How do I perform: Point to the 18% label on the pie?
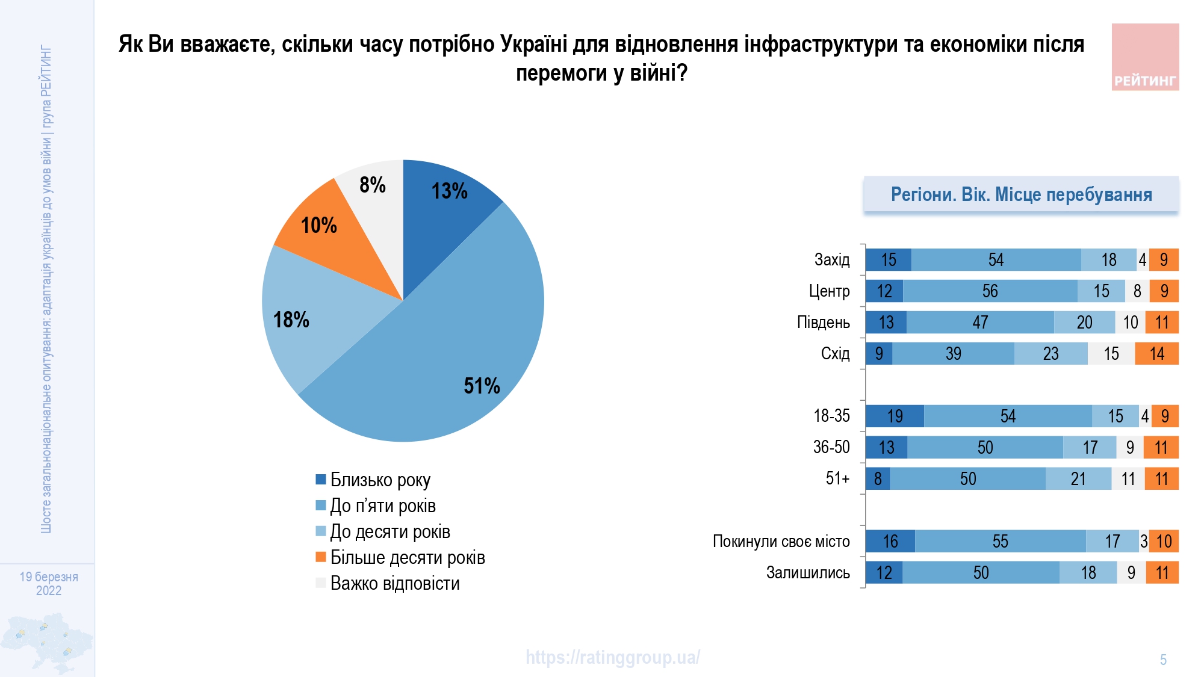291,320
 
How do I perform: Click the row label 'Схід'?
835,354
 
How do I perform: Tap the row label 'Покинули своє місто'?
781,542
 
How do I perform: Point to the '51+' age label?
837,479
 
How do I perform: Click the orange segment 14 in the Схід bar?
1156,354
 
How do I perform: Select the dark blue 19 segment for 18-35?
895,416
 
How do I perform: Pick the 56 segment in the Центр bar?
990,291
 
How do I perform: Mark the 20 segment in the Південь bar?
1084,323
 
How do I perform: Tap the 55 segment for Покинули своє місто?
1000,542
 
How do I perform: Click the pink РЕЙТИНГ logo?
1145,57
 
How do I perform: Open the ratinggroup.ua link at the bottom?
612,657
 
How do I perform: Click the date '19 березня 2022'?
49,584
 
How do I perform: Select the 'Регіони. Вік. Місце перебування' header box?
1021,194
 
